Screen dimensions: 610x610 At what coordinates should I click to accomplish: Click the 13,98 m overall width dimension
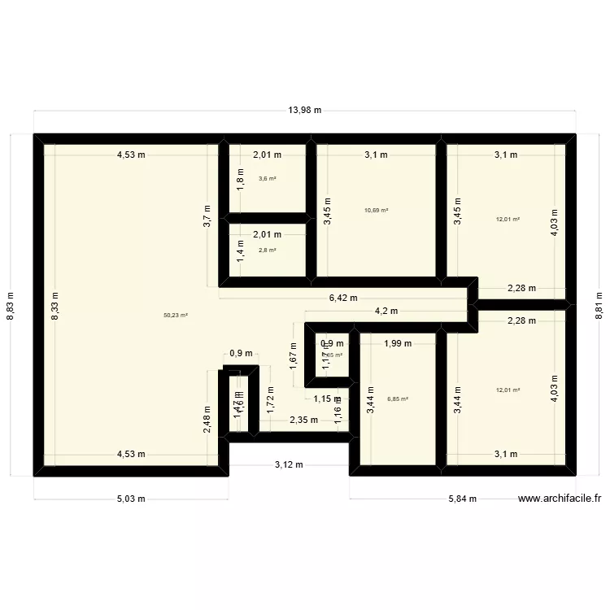pyautogui.click(x=305, y=111)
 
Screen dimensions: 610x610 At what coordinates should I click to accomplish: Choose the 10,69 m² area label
pyautogui.click(x=377, y=210)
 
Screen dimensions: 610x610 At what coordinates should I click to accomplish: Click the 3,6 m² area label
pyautogui.click(x=267, y=178)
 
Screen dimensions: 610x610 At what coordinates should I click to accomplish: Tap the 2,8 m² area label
pyautogui.click(x=267, y=250)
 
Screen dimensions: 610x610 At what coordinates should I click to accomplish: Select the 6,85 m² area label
pyautogui.click(x=398, y=399)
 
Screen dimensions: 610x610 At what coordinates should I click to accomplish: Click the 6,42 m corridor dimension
pyautogui.click(x=342, y=298)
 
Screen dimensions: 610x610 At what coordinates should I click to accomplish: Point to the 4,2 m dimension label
pyautogui.click(x=386, y=311)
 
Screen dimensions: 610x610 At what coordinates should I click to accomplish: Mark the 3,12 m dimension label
pyautogui.click(x=289, y=464)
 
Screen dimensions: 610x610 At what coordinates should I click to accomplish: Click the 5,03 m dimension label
pyautogui.click(x=131, y=499)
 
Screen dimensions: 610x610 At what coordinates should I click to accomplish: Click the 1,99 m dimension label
pyautogui.click(x=398, y=343)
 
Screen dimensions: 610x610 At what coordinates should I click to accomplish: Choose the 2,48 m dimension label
pyautogui.click(x=208, y=424)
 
